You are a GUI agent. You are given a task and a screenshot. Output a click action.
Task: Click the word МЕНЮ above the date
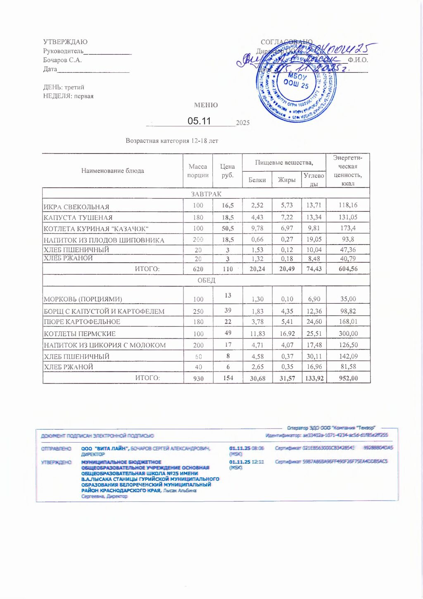(x=206, y=105)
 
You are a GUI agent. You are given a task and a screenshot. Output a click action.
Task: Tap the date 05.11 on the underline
(x=199, y=121)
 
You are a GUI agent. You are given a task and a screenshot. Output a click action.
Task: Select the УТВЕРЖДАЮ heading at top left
(x=65, y=42)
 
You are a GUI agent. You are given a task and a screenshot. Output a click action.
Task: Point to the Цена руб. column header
(x=227, y=171)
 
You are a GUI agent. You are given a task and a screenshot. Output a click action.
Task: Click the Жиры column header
(x=287, y=180)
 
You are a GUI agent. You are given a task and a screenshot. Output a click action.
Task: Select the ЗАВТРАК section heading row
(x=206, y=194)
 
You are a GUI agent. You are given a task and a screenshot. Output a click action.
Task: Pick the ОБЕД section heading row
(x=206, y=280)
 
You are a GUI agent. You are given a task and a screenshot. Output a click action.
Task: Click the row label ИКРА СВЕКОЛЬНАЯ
(x=76, y=207)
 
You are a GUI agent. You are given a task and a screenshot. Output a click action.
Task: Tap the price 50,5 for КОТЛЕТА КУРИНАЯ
(x=228, y=228)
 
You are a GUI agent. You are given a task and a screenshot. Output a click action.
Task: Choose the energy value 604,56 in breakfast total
(x=348, y=269)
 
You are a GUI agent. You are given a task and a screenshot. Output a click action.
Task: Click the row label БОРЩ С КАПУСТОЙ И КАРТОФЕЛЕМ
(x=104, y=311)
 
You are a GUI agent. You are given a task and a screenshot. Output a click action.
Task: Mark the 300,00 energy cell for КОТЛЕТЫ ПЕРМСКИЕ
(x=348, y=334)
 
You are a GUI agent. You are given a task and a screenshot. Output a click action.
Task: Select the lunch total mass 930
(x=198, y=379)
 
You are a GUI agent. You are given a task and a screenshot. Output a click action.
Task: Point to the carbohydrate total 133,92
(x=314, y=379)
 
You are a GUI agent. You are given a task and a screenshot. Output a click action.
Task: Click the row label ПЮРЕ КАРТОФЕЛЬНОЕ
(x=82, y=322)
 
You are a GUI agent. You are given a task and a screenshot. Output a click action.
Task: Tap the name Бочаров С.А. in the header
(x=62, y=60)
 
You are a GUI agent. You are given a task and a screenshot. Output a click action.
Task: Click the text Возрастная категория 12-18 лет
(x=172, y=141)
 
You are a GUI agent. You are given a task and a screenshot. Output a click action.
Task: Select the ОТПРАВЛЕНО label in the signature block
(x=56, y=448)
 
